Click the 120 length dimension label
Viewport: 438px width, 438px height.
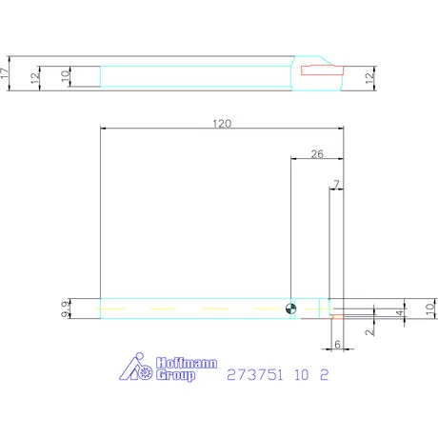tap(221, 123)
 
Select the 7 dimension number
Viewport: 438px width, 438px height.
tap(336, 182)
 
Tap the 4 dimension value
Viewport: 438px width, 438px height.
tap(401, 311)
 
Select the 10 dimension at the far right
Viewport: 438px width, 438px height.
tap(429, 308)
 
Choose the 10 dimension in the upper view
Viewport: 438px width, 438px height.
tap(66, 77)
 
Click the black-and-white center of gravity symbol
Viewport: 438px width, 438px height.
tap(289, 308)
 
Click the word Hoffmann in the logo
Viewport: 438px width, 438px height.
tap(186, 365)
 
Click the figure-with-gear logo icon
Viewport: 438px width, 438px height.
tap(136, 369)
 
